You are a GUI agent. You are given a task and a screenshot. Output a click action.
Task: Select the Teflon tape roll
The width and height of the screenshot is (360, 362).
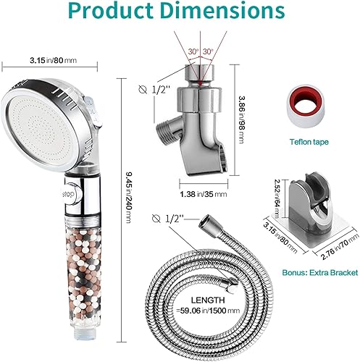click(306, 106)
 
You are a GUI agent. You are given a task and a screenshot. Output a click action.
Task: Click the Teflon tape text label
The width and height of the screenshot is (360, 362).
click(309, 142)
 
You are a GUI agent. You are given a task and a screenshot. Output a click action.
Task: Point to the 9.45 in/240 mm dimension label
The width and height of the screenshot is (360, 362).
click(129, 197)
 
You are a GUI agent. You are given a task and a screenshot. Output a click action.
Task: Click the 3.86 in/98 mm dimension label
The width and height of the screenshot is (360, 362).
click(241, 119)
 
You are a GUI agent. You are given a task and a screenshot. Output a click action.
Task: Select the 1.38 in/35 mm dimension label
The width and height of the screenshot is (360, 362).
click(204, 194)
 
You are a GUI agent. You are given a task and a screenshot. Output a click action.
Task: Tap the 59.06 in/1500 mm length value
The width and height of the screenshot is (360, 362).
click(208, 311)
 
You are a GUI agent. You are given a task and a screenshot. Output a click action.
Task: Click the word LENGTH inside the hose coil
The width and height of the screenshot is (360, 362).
click(208, 300)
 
